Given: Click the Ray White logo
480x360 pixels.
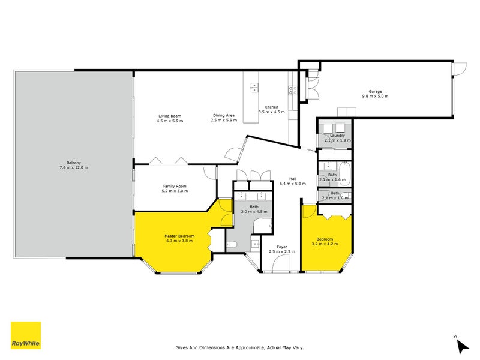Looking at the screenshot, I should click(x=26, y=335).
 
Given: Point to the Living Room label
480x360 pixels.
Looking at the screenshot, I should click(x=170, y=116).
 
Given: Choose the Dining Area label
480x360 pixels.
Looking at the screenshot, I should click(x=223, y=116).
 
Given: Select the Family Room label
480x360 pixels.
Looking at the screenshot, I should click(x=175, y=186).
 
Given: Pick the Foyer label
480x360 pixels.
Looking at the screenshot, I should click(x=282, y=247).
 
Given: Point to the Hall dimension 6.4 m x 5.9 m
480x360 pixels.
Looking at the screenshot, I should click(x=293, y=184).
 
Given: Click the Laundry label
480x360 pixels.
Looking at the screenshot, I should click(x=338, y=136).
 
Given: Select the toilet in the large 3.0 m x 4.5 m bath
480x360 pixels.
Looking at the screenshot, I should click(x=232, y=244).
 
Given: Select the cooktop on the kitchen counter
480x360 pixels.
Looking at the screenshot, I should click(x=293, y=91).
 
